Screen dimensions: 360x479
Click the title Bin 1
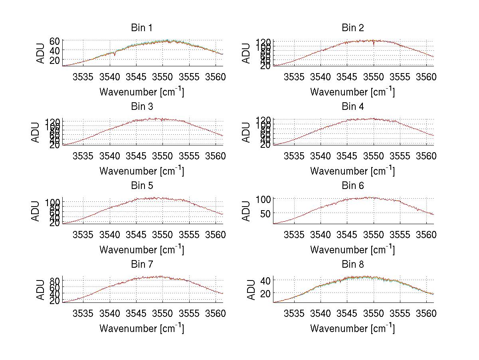142,28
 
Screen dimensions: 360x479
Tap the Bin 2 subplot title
352,28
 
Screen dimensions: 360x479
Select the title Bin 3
142,106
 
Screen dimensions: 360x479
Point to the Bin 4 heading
352,106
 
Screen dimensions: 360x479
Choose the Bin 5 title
142,185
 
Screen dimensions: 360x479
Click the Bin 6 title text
352,185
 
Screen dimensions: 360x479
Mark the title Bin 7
142,264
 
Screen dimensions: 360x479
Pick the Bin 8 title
352,264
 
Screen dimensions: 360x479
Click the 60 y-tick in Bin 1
55,41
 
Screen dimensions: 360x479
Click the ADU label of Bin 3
36,132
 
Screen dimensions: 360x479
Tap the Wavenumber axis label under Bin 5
142,250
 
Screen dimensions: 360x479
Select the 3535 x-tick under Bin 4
294,155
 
